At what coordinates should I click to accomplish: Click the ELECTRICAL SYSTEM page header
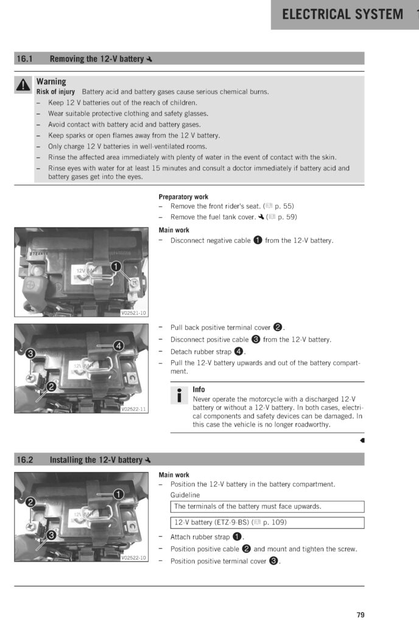click(342, 15)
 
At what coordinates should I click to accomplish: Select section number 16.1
click(24, 59)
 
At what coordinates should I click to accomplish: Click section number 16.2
click(24, 460)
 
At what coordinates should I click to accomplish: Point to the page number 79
click(361, 614)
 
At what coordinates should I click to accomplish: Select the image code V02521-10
click(134, 313)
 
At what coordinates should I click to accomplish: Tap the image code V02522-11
click(133, 409)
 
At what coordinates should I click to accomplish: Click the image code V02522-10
click(133, 557)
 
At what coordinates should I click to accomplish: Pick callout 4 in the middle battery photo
click(119, 346)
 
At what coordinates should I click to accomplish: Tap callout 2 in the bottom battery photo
click(29, 501)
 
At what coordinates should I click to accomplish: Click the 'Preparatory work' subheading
click(183, 197)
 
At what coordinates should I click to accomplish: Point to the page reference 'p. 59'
click(286, 217)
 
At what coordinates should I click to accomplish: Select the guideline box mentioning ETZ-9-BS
click(267, 523)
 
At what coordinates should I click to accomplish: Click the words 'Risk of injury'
click(56, 92)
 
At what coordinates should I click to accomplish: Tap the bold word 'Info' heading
click(199, 389)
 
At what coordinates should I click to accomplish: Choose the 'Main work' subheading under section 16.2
click(174, 475)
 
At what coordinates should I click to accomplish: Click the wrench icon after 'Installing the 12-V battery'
click(149, 461)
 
